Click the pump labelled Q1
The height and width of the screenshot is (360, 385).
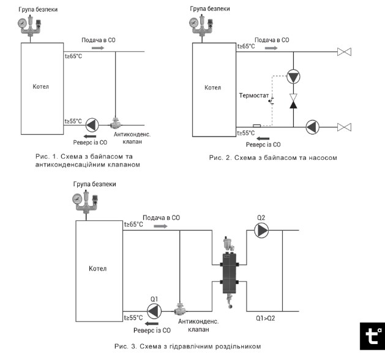point(154,311)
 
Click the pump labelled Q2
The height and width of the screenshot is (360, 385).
point(261,230)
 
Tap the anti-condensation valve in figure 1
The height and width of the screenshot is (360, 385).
point(115,123)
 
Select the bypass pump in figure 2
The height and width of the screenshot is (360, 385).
point(293,77)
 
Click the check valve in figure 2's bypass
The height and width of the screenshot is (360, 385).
point(293,101)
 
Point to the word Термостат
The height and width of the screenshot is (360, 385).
point(254,96)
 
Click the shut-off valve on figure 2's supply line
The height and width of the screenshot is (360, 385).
point(344,52)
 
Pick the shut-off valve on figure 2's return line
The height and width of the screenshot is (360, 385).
point(344,127)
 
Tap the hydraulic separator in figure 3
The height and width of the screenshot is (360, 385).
point(230,272)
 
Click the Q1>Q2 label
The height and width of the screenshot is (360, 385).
point(266,318)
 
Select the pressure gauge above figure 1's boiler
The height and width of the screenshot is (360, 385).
point(23,23)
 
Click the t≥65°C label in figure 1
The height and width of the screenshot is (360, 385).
point(73,56)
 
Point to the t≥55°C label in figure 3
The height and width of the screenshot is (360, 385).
point(133,318)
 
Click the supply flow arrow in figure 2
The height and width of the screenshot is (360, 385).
point(271,48)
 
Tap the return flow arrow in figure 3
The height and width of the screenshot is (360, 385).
point(152,323)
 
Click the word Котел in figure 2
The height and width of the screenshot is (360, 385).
point(212,88)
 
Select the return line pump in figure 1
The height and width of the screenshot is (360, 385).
point(92,125)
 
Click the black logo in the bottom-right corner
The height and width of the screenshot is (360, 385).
point(372,336)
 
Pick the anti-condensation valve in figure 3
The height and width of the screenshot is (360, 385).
point(180,309)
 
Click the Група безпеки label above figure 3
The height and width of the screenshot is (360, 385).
point(94,184)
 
